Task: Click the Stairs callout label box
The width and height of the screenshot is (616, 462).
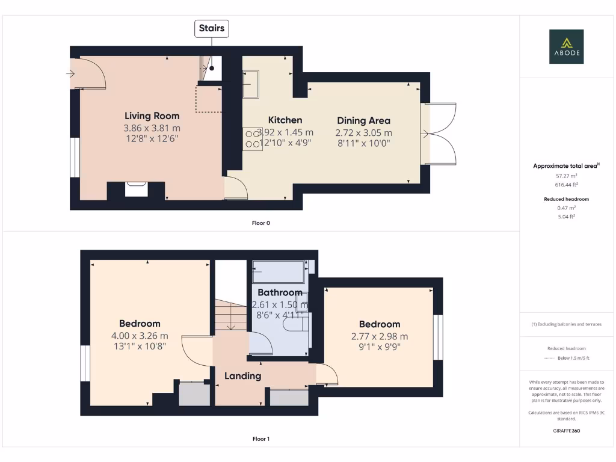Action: tap(211, 28)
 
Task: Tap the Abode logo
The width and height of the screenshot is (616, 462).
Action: tap(565, 46)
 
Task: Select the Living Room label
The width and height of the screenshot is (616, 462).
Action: tap(152, 115)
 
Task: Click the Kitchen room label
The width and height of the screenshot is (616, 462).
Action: tap(285, 120)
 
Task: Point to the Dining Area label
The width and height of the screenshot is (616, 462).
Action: tap(363, 120)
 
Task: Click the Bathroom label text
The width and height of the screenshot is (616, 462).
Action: tap(280, 292)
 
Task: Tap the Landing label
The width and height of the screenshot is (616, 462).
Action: tap(242, 376)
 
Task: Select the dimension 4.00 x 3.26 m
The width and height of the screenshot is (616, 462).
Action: tap(140, 336)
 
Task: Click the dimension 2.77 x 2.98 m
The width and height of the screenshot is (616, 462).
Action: tap(380, 336)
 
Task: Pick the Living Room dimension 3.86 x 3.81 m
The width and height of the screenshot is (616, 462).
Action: tap(152, 128)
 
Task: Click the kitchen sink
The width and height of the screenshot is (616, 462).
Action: tap(251, 84)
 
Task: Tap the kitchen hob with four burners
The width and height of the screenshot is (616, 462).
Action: tap(251, 139)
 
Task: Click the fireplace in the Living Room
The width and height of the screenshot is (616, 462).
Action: tap(136, 189)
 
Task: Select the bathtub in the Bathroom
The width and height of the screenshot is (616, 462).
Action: tap(279, 272)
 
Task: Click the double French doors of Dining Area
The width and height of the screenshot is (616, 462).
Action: tap(440, 133)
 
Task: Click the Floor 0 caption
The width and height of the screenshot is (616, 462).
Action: tap(260, 223)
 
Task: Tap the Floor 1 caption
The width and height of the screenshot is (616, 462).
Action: tap(260, 439)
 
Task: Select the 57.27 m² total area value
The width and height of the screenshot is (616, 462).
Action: tap(565, 176)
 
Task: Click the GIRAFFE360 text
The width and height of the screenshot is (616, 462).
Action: tap(565, 431)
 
